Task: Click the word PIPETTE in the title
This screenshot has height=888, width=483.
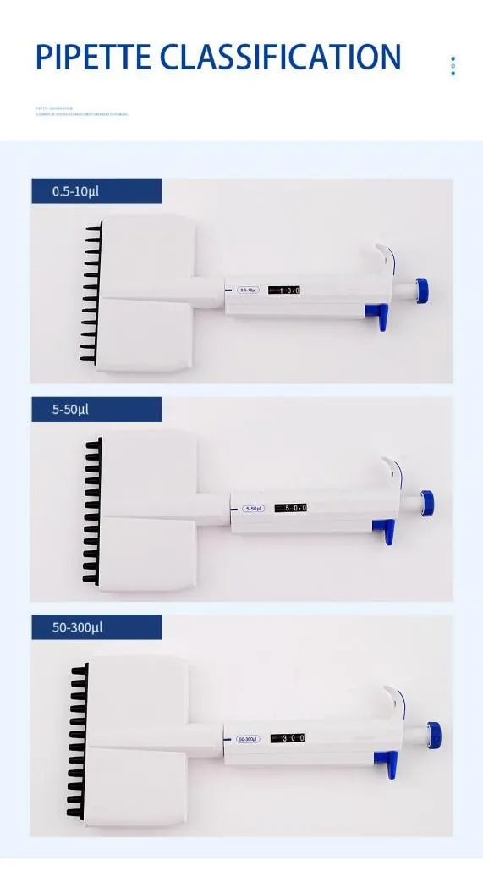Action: [x=94, y=57]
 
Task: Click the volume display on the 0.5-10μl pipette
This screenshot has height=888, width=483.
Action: [x=285, y=290]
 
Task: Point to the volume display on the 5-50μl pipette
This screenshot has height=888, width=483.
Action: [x=288, y=508]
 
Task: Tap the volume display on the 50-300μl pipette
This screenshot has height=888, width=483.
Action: [x=288, y=738]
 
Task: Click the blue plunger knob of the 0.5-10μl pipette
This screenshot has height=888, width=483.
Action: [x=420, y=289]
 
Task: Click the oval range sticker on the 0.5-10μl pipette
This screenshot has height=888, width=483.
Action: [x=249, y=290]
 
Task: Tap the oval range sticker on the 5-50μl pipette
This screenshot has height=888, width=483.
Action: [x=253, y=509]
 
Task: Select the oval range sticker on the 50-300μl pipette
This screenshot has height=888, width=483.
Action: [x=247, y=739]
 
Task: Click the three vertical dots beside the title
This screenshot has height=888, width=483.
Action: [x=453, y=65]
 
